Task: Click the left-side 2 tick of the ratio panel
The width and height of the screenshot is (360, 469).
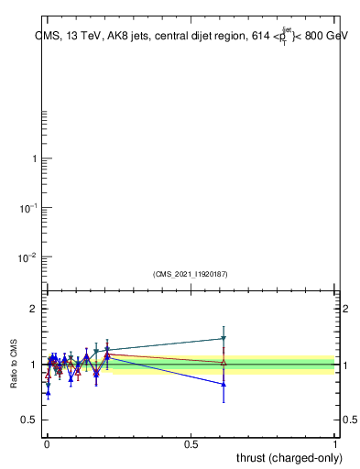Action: pos(34,310)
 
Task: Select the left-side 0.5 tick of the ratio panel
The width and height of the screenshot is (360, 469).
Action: pos(29,420)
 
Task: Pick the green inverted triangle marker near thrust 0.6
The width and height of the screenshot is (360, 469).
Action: pos(224,339)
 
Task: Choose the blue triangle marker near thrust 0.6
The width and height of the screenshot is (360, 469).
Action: pos(224,385)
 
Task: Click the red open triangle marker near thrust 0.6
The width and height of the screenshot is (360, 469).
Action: pos(224,363)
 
